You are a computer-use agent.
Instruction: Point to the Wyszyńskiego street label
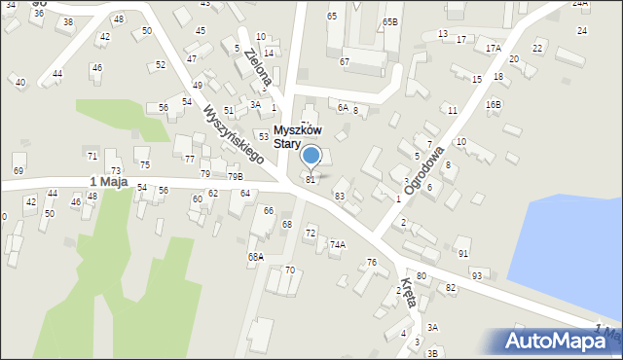(235, 136)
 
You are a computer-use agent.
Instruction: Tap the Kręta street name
(409, 293)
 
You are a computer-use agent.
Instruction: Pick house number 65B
(390, 21)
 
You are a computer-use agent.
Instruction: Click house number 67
(344, 61)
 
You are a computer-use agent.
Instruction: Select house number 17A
(494, 48)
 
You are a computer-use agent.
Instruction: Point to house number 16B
(494, 104)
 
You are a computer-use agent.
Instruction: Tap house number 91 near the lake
(463, 254)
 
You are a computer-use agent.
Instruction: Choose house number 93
(477, 275)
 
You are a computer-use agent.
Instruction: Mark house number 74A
(337, 244)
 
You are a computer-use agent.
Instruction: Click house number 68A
(255, 257)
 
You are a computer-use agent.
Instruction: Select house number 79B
(235, 176)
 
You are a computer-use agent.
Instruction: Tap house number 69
(18, 170)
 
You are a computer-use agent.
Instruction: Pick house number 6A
(343, 108)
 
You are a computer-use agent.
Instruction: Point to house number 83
(340, 197)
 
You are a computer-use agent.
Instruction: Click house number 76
(371, 263)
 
